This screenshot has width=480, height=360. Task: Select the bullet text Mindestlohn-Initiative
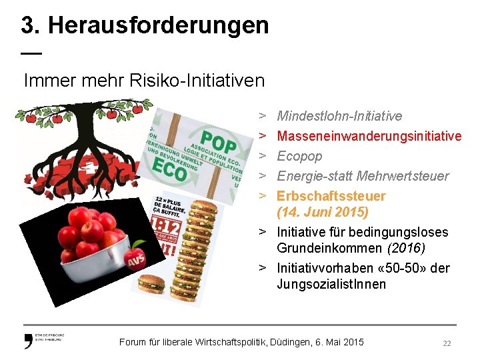click(x=339, y=116)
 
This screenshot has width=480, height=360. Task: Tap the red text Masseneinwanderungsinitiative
click(x=369, y=136)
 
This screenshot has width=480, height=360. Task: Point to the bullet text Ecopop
click(x=299, y=156)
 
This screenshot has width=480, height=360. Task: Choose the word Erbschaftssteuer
click(x=331, y=196)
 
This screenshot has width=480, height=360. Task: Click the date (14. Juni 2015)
click(x=323, y=213)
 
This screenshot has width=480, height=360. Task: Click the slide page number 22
click(x=447, y=343)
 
